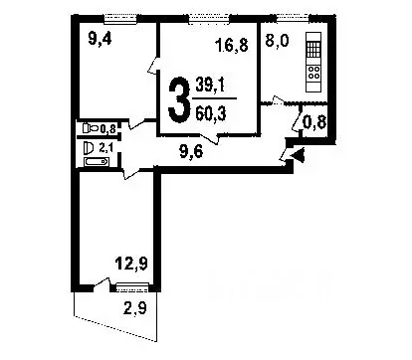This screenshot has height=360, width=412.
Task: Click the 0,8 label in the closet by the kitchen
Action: [312, 123]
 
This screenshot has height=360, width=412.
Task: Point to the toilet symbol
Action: [90, 128]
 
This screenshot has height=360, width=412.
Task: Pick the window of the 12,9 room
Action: [129, 286]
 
